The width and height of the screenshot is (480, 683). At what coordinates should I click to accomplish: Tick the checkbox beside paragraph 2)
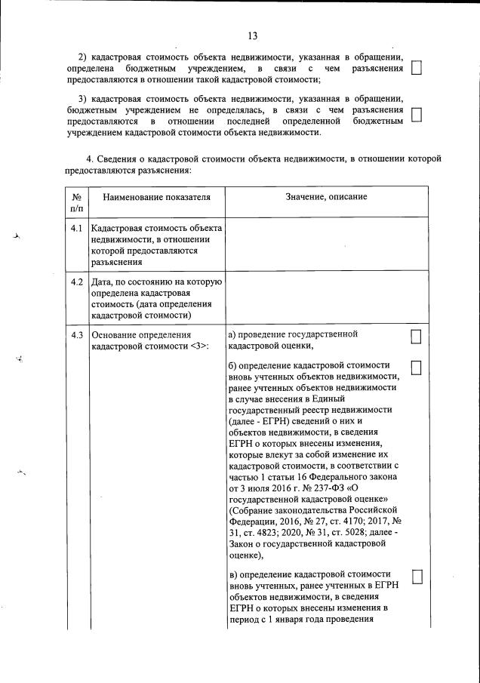pos(416,69)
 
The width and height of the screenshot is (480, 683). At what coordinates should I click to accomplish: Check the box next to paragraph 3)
pos(416,114)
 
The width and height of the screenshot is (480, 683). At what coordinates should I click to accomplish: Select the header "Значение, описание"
pos(326,197)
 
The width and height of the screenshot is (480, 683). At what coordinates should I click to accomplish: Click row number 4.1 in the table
pos(76,227)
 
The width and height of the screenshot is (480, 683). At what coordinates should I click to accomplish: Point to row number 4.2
pos(76,282)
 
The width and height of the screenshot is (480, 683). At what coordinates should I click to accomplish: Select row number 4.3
pos(76,334)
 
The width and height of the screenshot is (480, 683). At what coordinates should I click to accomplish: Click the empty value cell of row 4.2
pos(326,298)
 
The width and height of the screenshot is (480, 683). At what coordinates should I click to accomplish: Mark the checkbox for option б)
pos(416,366)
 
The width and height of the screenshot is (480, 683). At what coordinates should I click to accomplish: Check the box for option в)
pos(416,577)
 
